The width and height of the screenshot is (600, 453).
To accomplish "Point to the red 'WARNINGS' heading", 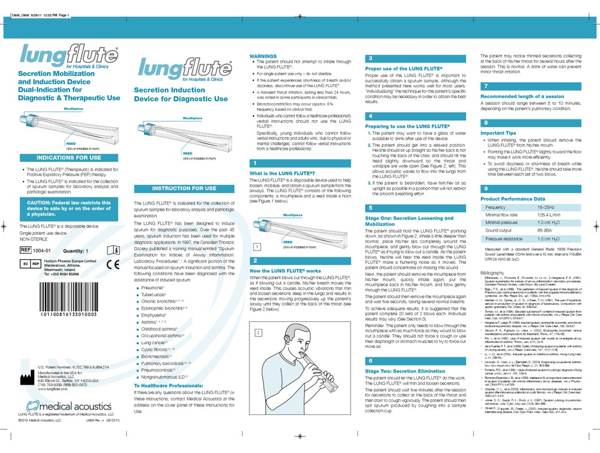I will [263, 56].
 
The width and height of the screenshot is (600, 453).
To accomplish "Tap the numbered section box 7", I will [486, 85].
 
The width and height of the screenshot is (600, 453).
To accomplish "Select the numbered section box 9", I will [486, 189].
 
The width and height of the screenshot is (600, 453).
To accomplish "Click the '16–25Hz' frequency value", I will [547, 207].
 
